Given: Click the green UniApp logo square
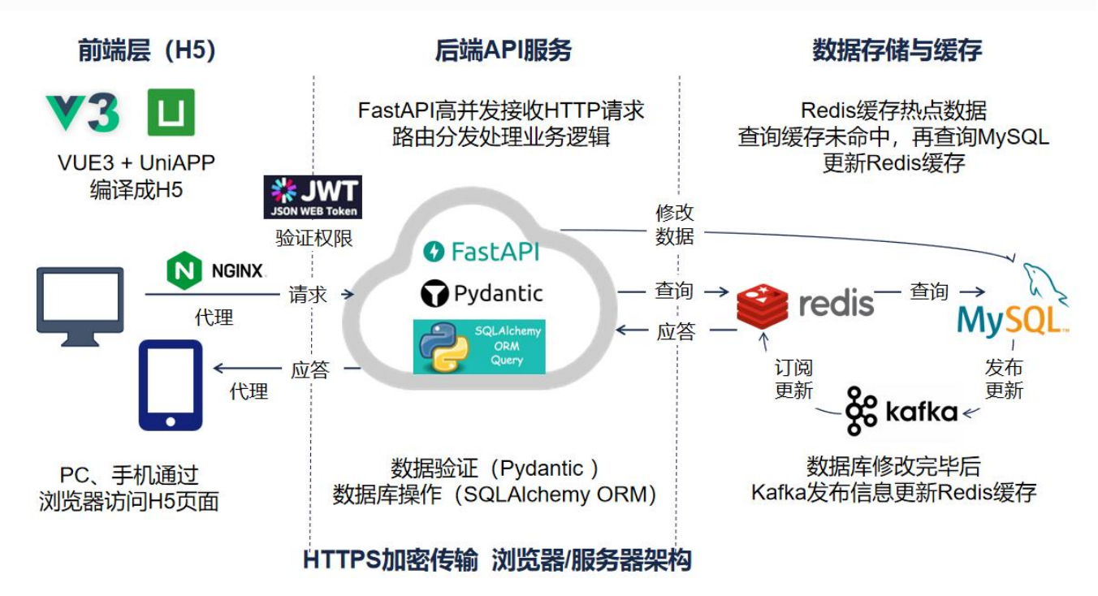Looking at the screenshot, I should click(x=171, y=112).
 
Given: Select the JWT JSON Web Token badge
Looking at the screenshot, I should click(x=313, y=197).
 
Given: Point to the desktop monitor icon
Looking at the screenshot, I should click(x=80, y=300).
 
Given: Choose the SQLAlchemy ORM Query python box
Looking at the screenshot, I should click(x=479, y=347).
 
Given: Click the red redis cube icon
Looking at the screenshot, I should click(x=762, y=305).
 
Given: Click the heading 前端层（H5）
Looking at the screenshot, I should click(x=147, y=50).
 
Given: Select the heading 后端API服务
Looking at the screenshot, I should click(x=503, y=50).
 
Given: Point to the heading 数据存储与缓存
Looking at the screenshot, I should click(x=897, y=50).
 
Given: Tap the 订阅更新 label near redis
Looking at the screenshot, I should click(x=793, y=379).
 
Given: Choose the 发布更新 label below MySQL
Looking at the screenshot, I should click(x=1004, y=378).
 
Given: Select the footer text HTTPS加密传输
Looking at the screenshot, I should click(x=391, y=560).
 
